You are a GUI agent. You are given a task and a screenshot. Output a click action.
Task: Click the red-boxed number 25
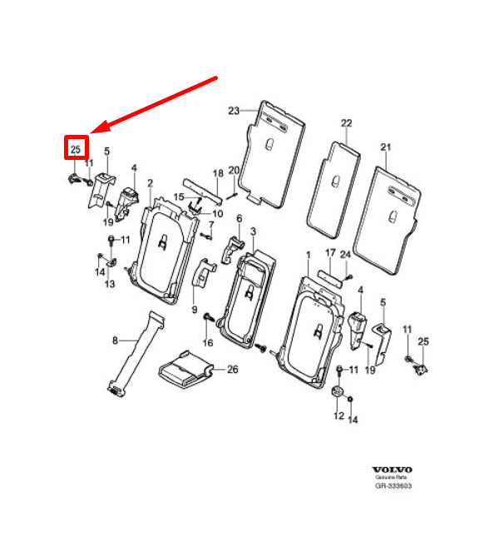pyautogui.click(x=76, y=149)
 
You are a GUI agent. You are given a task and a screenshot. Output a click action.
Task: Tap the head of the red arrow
pyautogui.click(x=91, y=132)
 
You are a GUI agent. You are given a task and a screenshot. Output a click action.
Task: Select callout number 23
pyautogui.click(x=234, y=111)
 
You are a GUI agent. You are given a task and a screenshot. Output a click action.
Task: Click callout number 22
pyautogui.click(x=347, y=123)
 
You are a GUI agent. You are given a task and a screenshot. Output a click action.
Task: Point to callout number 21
pyautogui.click(x=386, y=147)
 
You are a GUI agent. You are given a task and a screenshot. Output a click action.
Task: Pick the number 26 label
pyautogui.click(x=233, y=370)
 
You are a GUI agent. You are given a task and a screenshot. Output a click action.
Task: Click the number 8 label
pyautogui.click(x=115, y=340)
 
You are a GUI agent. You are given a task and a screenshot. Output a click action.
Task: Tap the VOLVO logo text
pyautogui.click(x=393, y=470)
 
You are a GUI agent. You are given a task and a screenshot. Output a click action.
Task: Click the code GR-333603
pyautogui.click(x=393, y=486)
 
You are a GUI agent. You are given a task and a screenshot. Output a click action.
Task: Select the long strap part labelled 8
pyautogui.click(x=136, y=354)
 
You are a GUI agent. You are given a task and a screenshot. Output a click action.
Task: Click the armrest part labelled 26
pyautogui.click(x=185, y=371)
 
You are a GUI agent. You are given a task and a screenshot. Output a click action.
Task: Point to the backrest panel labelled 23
pyautogui.click(x=271, y=154)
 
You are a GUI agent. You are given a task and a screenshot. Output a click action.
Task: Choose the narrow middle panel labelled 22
pyautogui.click(x=333, y=190)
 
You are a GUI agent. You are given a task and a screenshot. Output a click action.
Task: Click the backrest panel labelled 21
pyautogui.click(x=387, y=221)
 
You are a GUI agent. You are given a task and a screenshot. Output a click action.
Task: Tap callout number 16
pyautogui.click(x=208, y=342)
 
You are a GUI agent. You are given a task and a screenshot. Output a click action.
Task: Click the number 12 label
pyautogui.click(x=338, y=416)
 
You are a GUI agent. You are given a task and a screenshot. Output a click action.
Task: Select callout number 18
pyautogui.click(x=218, y=173)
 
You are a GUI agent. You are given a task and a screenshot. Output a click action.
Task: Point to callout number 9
pyautogui.click(x=195, y=310)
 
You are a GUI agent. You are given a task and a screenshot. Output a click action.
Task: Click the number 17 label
pyautogui.click(x=330, y=252)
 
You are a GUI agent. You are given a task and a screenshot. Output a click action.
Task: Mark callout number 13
pyautogui.click(x=110, y=283)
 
